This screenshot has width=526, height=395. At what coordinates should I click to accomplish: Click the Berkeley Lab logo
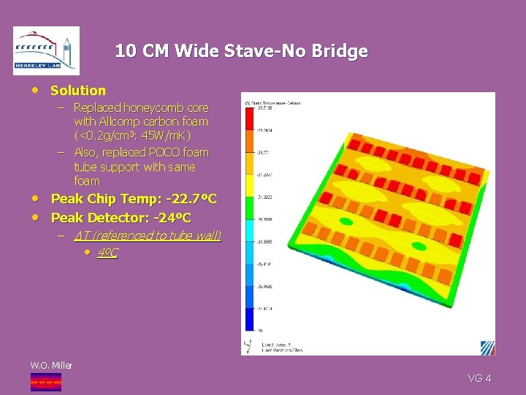pyautogui.click(x=46, y=50)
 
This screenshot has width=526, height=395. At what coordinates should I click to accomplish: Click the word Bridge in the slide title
pyautogui.click(x=340, y=51)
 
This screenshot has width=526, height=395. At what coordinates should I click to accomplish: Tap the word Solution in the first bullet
pyautogui.click(x=78, y=91)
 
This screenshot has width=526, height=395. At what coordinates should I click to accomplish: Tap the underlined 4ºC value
pyautogui.click(x=107, y=253)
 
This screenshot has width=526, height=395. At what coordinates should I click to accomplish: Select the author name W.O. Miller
pyautogui.click(x=51, y=365)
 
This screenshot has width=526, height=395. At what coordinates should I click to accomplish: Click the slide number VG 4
pyautogui.click(x=479, y=378)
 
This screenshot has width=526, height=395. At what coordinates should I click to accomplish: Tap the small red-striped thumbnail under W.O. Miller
pyautogui.click(x=45, y=381)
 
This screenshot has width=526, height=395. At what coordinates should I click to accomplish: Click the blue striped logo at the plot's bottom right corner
pyautogui.click(x=487, y=347)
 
